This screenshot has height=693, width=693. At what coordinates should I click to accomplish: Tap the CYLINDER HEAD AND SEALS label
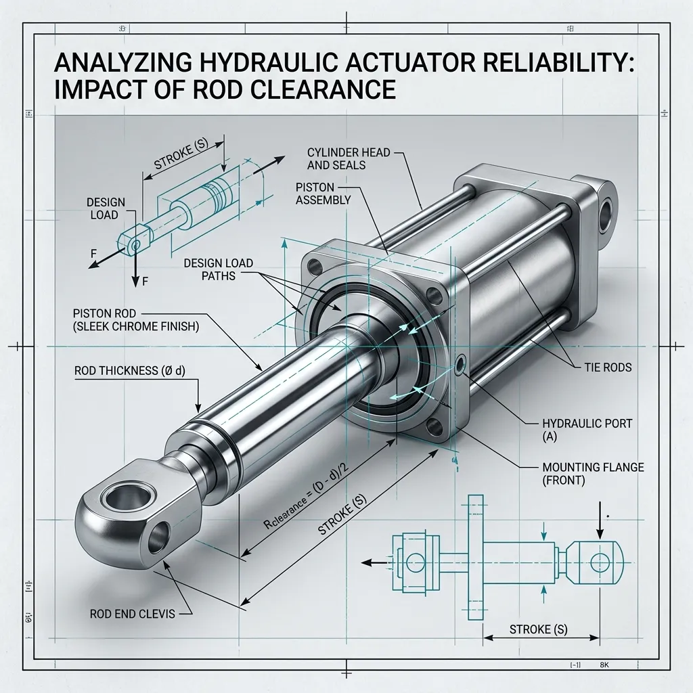(x=349, y=159)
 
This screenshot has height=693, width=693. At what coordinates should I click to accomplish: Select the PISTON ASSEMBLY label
(x=323, y=194)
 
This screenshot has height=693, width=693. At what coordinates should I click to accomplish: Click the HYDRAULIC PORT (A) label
(x=587, y=430)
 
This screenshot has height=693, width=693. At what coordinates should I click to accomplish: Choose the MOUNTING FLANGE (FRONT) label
(x=593, y=473)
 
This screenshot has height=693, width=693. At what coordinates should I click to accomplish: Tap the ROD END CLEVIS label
(x=132, y=614)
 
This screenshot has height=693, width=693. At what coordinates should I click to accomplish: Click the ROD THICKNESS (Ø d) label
(x=129, y=370)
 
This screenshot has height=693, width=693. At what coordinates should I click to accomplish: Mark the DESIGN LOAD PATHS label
(x=219, y=269)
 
